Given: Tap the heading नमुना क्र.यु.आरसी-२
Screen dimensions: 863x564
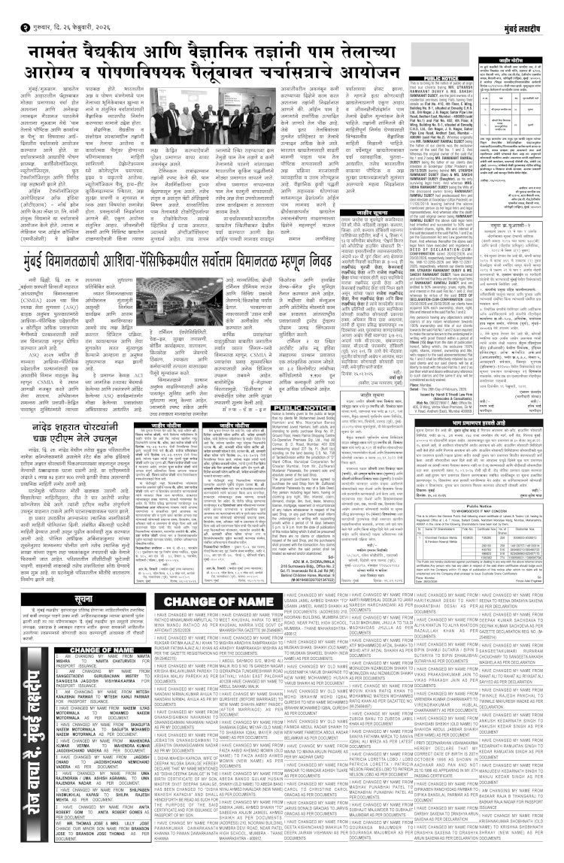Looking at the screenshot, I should click(x=497, y=223).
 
